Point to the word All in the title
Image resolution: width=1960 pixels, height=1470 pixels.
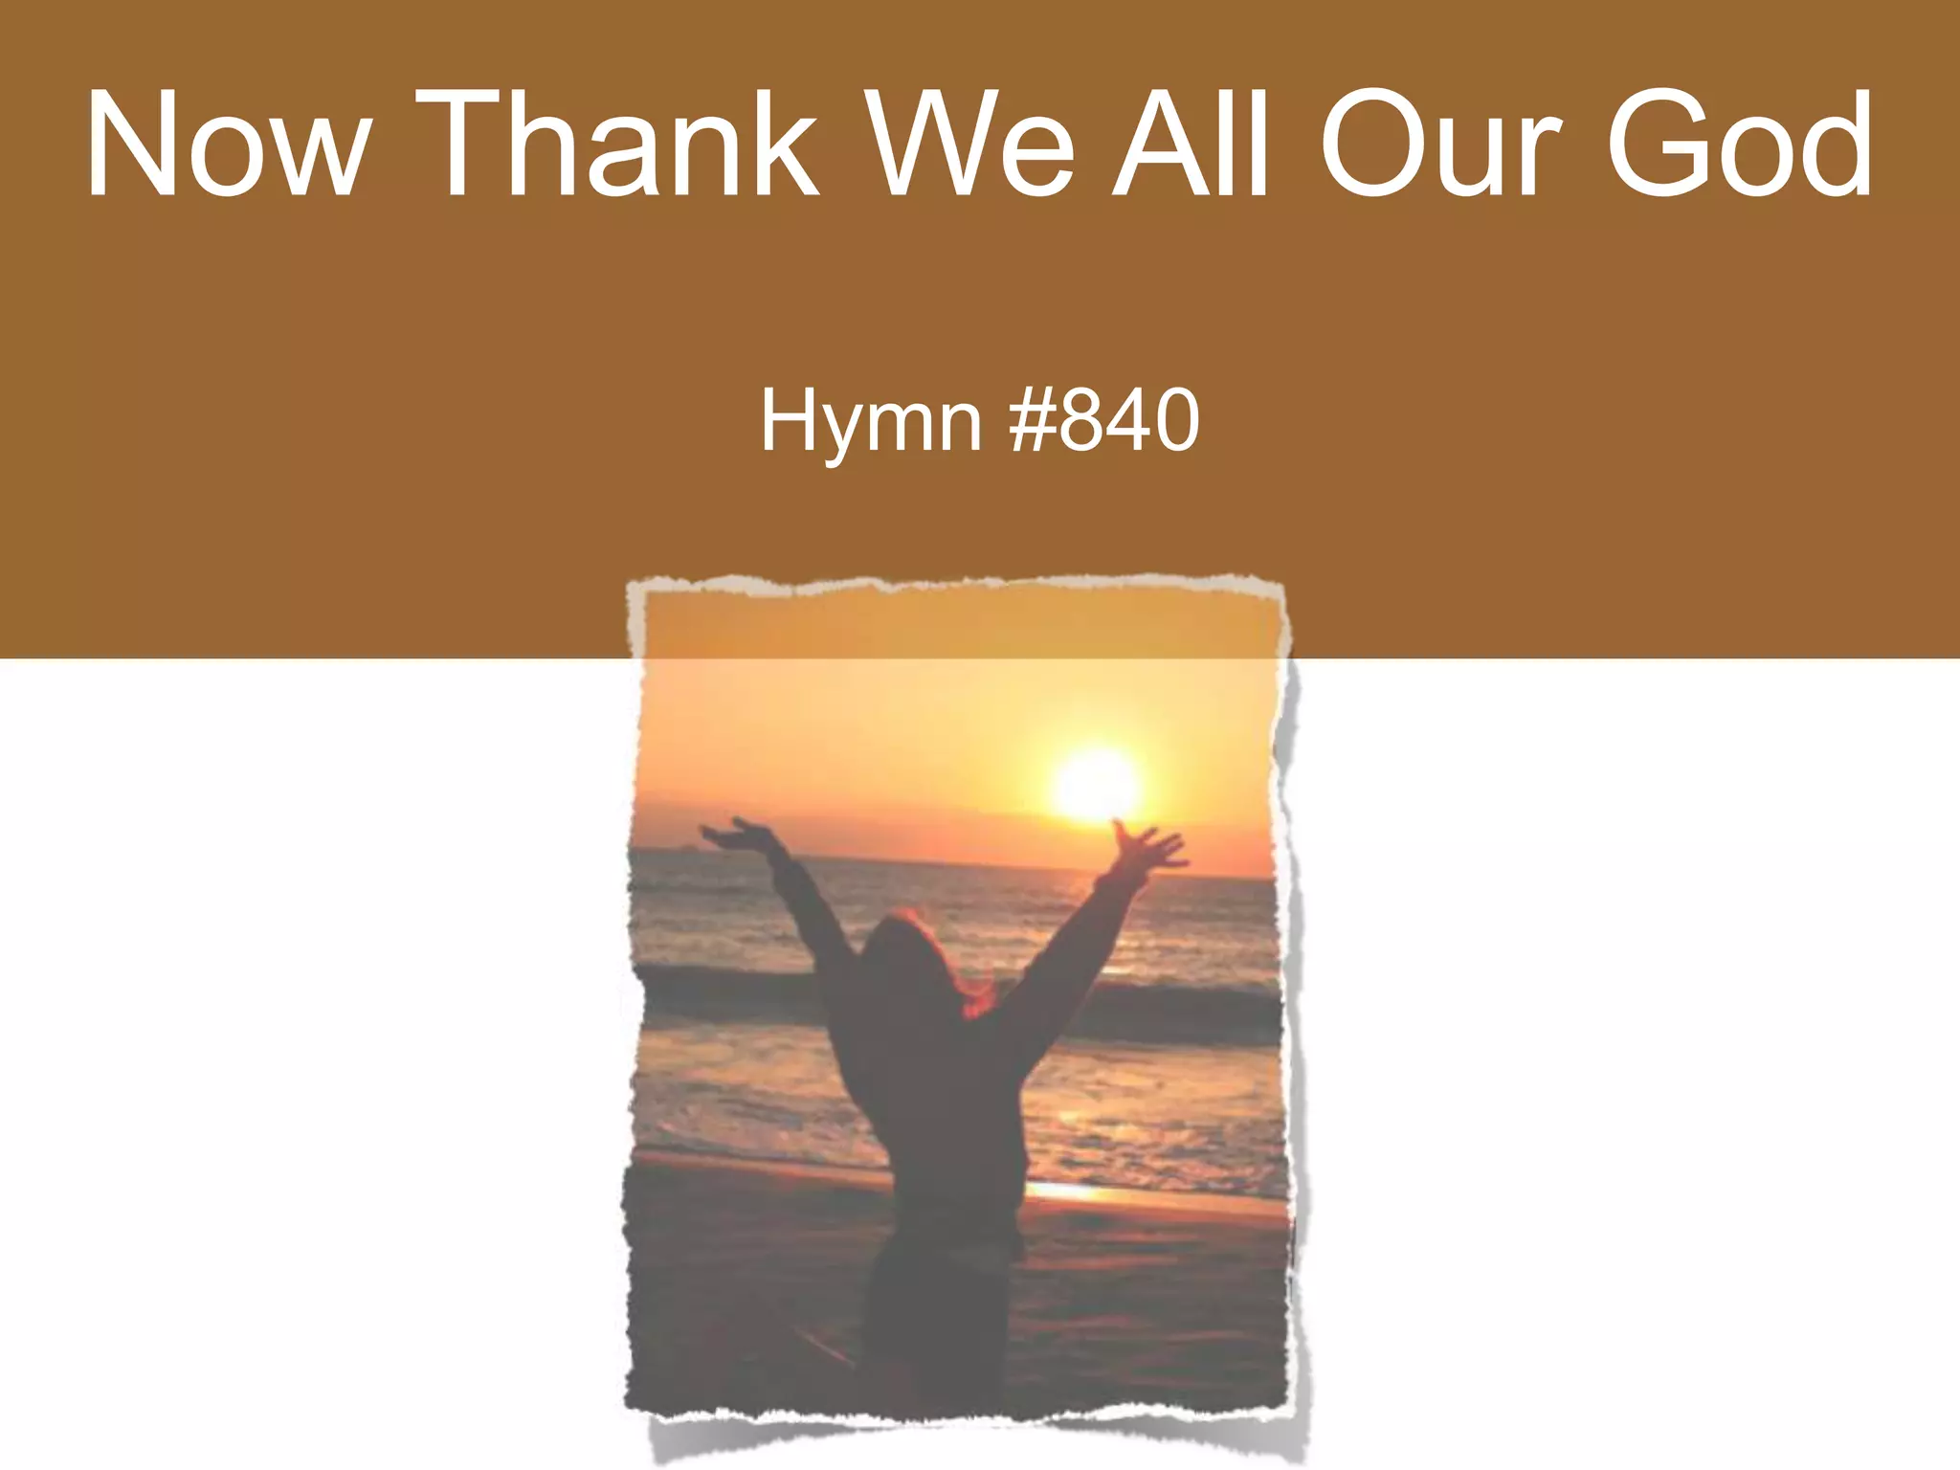point(1192,145)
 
